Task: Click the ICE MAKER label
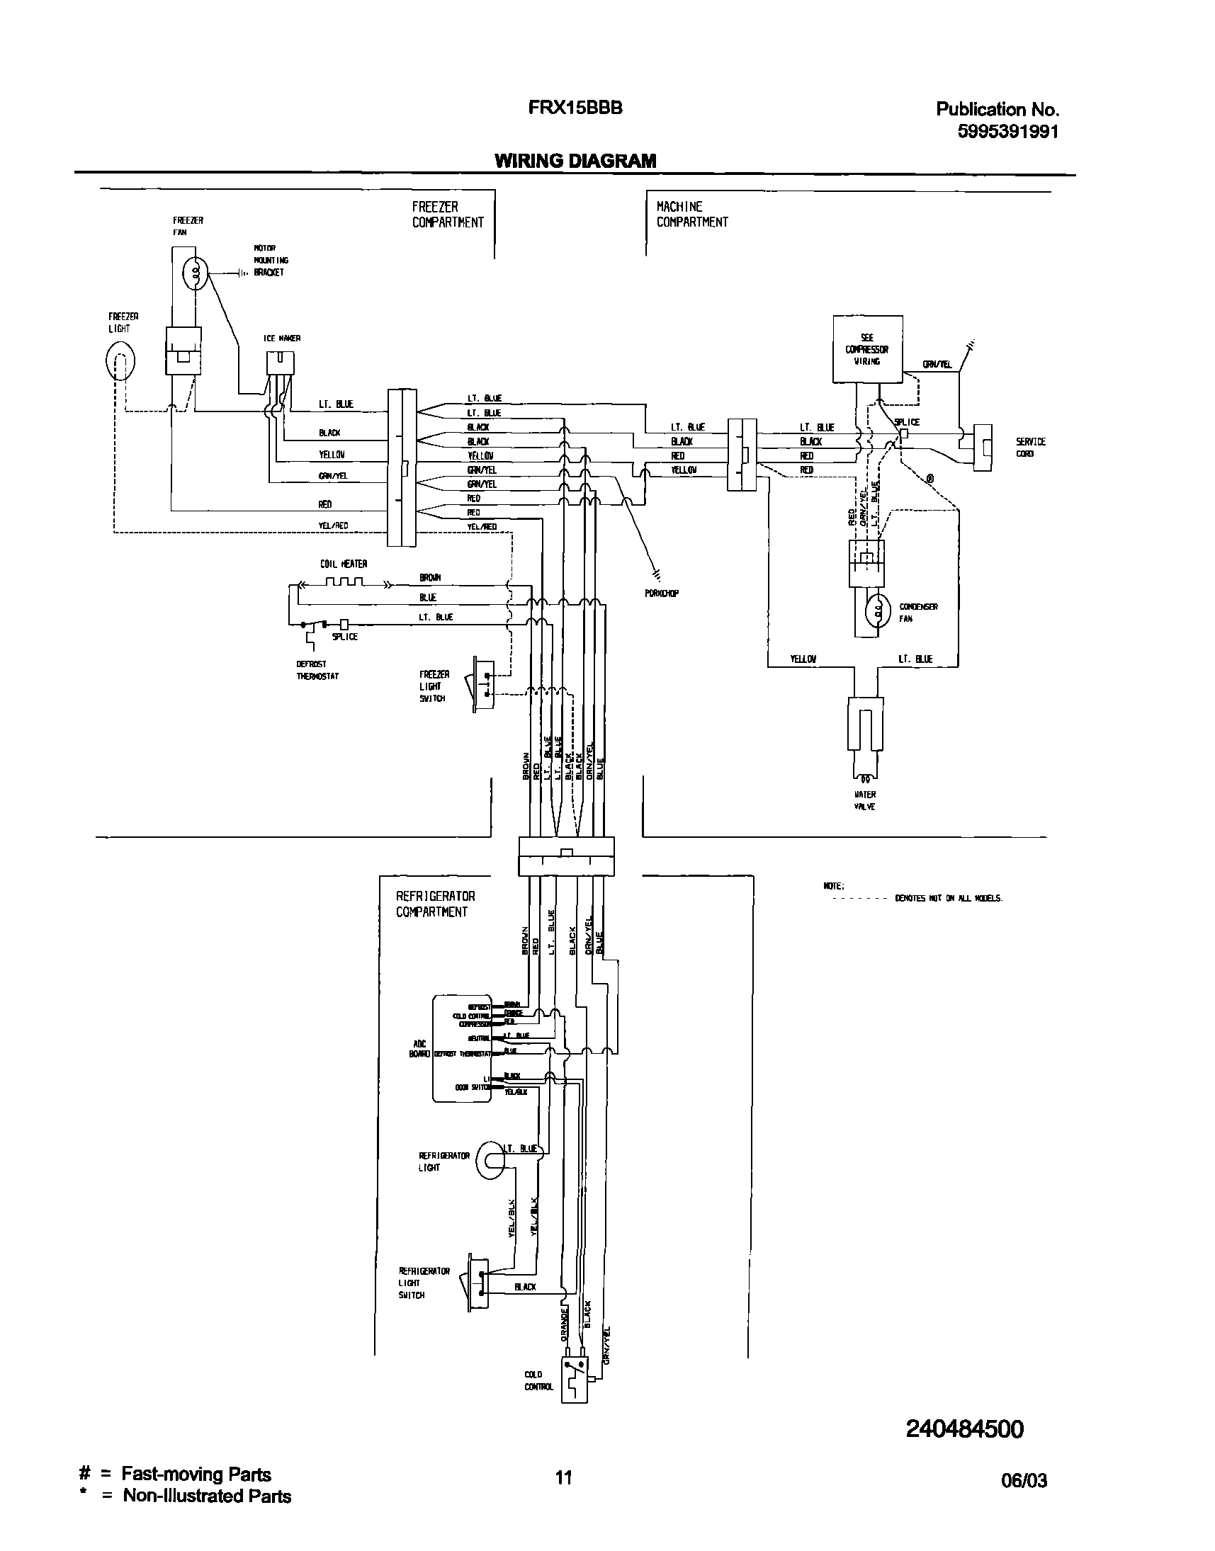(x=282, y=339)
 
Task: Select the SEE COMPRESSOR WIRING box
(x=867, y=349)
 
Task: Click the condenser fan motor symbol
(x=878, y=609)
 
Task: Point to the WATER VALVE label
(x=865, y=800)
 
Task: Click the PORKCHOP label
(x=662, y=593)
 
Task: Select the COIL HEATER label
(x=344, y=564)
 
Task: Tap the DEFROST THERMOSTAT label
(x=317, y=670)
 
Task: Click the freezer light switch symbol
(x=482, y=684)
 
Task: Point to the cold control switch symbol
(x=575, y=1379)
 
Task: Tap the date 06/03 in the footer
(x=1024, y=1481)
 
